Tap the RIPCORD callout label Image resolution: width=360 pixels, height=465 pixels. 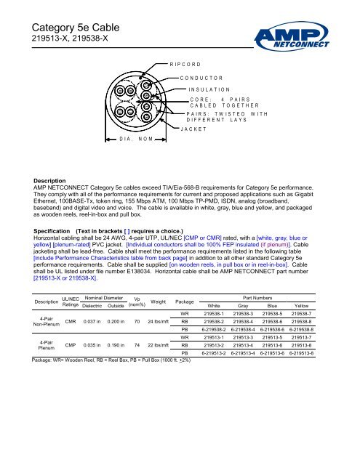coord(185,64)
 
